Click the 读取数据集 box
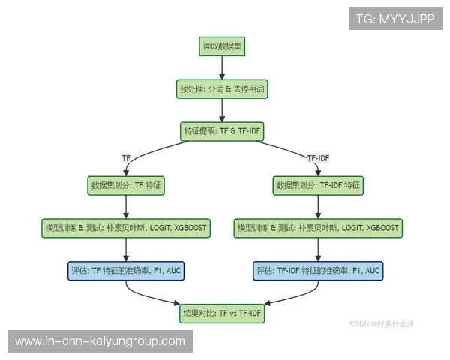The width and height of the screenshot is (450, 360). point(222,46)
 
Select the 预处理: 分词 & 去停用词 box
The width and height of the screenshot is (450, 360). point(222,89)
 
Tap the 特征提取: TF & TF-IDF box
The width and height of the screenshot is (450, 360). point(222,131)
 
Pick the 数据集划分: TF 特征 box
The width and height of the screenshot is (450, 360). point(126,185)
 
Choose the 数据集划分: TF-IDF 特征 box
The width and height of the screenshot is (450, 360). point(318,185)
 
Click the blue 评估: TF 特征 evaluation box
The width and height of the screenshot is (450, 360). point(126,271)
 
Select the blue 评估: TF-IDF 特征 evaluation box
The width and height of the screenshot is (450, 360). point(318,271)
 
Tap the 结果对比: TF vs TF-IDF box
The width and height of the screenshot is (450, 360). point(222,313)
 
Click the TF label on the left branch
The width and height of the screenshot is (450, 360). point(126,158)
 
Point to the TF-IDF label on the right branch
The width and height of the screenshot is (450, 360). point(318,158)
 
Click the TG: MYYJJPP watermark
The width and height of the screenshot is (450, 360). point(395,19)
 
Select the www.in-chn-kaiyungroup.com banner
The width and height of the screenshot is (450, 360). point(100,341)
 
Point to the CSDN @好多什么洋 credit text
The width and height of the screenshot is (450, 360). point(382,324)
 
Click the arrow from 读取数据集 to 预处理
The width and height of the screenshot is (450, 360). point(222,67)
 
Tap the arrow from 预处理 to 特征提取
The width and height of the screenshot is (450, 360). point(222,110)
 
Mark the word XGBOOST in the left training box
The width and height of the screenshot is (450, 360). point(190,228)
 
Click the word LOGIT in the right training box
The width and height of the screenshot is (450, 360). point(352,228)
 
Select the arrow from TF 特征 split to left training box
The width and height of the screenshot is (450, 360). point(126,207)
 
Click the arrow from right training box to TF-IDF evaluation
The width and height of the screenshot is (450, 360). point(318,250)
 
